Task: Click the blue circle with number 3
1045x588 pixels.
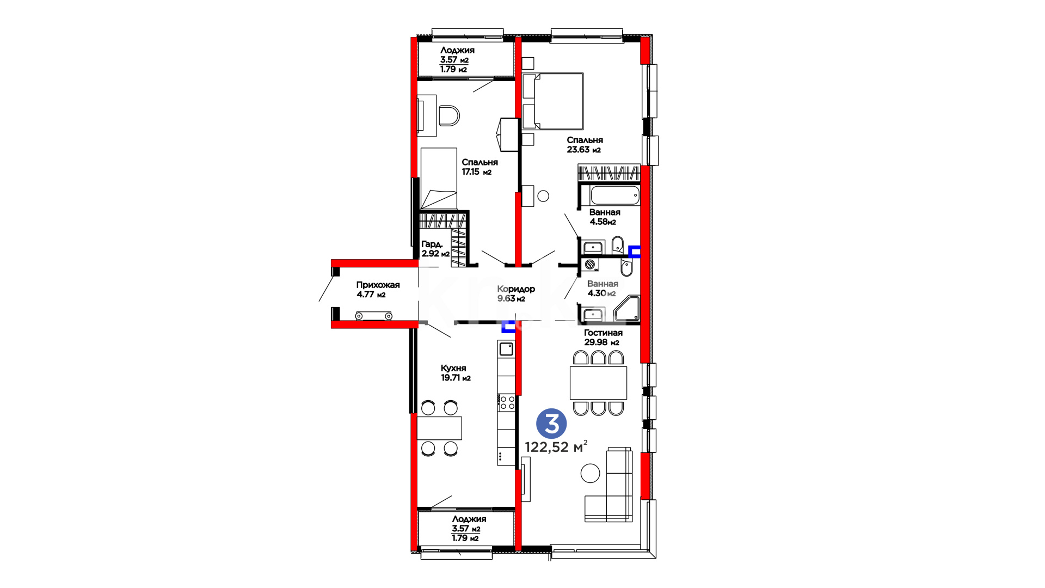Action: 551,424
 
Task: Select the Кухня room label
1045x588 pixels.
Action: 453,368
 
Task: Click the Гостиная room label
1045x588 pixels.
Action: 603,333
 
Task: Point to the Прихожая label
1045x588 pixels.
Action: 378,285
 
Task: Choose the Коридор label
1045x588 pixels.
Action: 516,289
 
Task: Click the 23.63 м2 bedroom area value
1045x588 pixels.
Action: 584,150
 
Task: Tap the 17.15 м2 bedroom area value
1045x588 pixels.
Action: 477,172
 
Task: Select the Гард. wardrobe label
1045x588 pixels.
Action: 432,244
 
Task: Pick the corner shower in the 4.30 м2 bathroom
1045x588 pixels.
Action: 627,309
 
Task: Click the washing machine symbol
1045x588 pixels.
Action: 590,265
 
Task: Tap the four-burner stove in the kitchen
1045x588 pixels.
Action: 507,402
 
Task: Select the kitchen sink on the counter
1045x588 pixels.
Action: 507,348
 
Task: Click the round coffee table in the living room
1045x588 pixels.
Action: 590,473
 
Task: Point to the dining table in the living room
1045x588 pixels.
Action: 598,383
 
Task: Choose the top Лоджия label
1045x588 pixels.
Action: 457,50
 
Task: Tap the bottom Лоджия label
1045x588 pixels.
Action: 469,519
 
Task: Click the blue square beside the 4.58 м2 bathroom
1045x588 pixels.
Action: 635,252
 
